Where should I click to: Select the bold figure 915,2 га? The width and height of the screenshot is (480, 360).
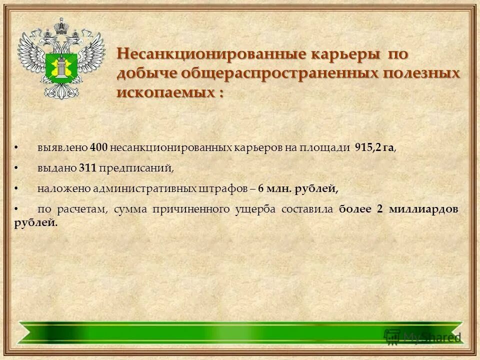374,148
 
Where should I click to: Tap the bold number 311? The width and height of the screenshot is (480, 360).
87,168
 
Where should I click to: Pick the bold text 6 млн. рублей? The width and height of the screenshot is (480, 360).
298,189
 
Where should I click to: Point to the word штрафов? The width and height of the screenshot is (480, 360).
223,189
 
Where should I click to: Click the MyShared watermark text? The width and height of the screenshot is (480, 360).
431,336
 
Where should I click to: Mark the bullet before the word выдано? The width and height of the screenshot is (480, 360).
16,168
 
